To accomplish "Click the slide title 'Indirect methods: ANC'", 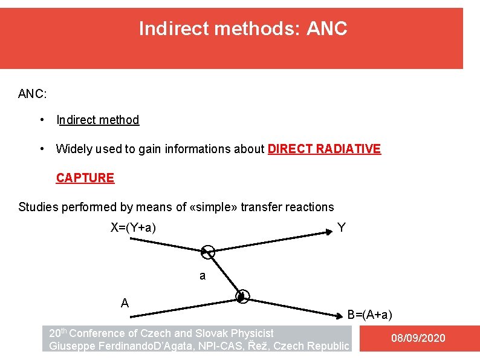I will [243, 28].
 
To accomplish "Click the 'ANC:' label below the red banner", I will [33, 94].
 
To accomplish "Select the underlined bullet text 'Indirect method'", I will [97, 120].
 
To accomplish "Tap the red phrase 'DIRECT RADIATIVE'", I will [324, 149].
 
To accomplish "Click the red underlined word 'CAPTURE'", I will [85, 178].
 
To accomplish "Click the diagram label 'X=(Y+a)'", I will [133, 228].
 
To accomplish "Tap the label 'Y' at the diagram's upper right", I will [342, 228].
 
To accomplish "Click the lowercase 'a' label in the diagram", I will [203, 276].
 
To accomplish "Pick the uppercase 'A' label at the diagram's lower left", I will [125, 303].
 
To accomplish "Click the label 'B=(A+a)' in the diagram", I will [369, 315].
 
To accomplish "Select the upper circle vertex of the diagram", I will [207, 252].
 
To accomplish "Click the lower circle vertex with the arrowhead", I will [242, 296].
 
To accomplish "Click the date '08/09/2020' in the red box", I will [418, 338].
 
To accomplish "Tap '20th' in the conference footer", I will [58, 333].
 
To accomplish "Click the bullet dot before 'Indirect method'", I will [41, 120].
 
